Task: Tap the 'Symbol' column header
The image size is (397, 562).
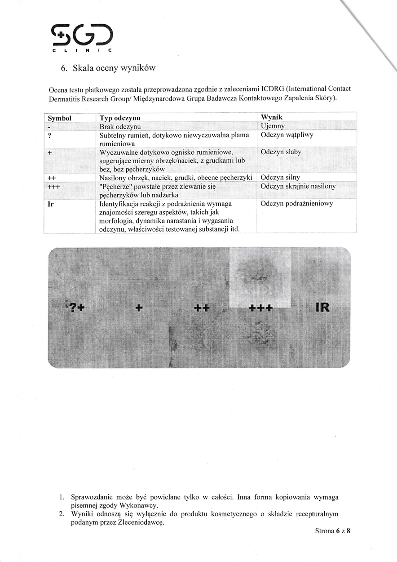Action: [60, 118]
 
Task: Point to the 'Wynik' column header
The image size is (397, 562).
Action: [272, 118]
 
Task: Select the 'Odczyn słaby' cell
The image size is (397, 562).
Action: [281, 152]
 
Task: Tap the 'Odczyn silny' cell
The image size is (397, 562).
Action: [280, 177]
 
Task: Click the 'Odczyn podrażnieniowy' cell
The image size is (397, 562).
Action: [296, 203]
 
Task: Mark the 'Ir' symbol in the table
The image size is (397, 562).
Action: [51, 204]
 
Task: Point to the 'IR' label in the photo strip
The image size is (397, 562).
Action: [322, 308]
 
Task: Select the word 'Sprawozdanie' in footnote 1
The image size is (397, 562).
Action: [93, 497]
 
